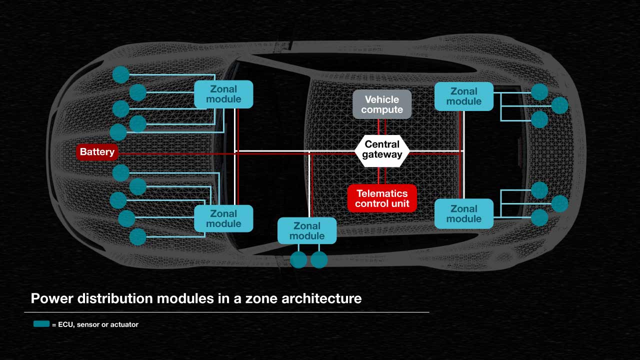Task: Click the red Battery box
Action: point(97,152)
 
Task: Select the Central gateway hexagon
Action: point(382,149)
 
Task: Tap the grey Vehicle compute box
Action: point(382,104)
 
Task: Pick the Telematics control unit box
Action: point(382,198)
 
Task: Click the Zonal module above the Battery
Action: point(223,94)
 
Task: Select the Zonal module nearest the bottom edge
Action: point(307,230)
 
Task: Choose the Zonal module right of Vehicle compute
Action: point(464,96)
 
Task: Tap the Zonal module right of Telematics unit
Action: point(464,214)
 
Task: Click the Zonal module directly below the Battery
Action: point(223,218)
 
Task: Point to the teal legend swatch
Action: point(41,324)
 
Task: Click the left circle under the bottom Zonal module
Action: point(298,260)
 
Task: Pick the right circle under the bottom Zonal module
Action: point(319,260)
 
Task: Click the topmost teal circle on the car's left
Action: point(120,74)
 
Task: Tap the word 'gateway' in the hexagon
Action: point(382,154)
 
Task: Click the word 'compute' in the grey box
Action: point(382,109)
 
